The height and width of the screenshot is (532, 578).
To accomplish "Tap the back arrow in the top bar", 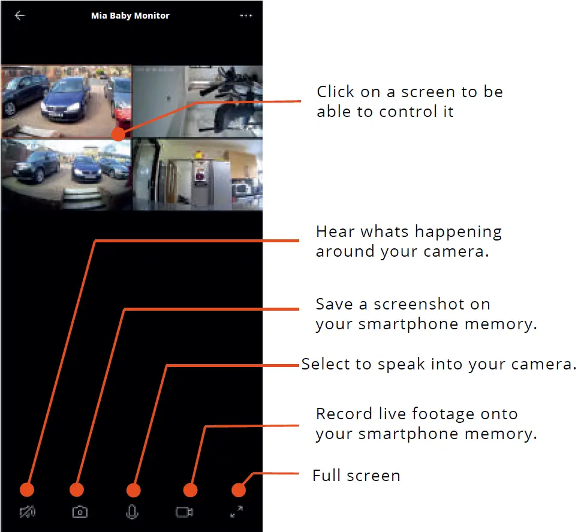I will click(x=20, y=16).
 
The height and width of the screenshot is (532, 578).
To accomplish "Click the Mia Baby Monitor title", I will click(x=130, y=16).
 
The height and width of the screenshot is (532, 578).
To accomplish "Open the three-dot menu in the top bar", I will click(x=246, y=16).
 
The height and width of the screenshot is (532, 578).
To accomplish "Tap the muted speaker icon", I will click(x=28, y=512).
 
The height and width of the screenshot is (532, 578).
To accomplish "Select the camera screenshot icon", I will click(x=80, y=512).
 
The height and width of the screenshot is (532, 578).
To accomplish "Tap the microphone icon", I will click(x=133, y=512).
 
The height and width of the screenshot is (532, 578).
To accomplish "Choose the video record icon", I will click(x=184, y=512).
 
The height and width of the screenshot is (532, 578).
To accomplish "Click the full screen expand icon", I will click(x=237, y=512).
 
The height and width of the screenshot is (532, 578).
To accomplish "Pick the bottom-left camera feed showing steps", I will click(x=66, y=175).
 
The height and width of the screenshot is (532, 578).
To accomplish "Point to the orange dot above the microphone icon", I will click(x=133, y=490).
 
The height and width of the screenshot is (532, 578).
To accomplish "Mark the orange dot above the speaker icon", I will click(x=27, y=490).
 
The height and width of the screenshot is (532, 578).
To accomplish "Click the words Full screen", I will click(x=356, y=476).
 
